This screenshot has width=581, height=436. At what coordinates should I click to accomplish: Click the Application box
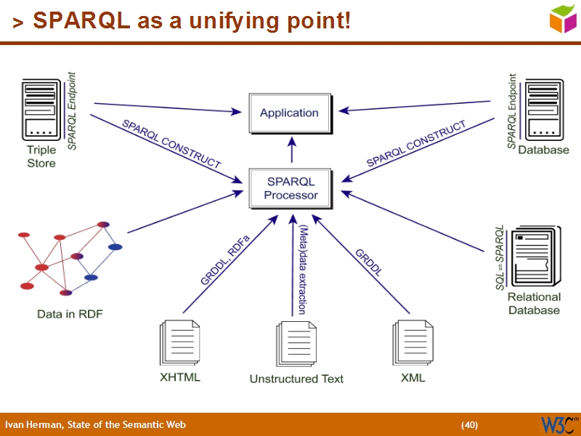click(290, 113)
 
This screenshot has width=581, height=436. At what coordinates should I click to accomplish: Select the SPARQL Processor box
click(290, 188)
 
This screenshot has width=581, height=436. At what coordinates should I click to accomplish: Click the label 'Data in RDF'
click(70, 314)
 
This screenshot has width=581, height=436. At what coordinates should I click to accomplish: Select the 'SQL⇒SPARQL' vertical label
click(500, 257)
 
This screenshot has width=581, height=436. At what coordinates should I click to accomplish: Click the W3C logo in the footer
click(558, 424)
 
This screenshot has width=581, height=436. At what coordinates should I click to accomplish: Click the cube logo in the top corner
click(562, 18)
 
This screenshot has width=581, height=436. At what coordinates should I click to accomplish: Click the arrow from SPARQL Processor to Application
click(292, 151)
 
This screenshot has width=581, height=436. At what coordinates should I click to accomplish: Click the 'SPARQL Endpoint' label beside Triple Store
click(72, 111)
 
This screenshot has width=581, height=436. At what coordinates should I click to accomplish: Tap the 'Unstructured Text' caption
click(296, 379)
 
